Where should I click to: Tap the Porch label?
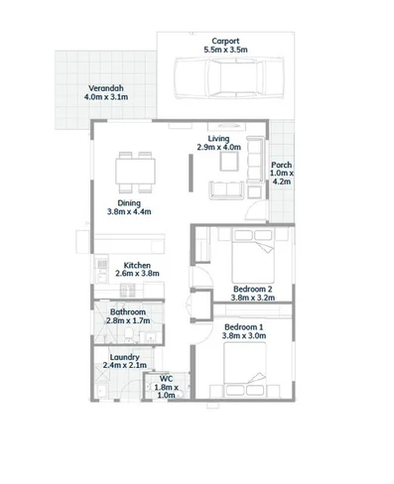(x=282, y=165)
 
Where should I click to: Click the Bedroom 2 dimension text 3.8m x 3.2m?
(x=252, y=297)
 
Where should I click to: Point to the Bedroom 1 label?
(x=244, y=326)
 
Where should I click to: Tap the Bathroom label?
(x=129, y=311)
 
